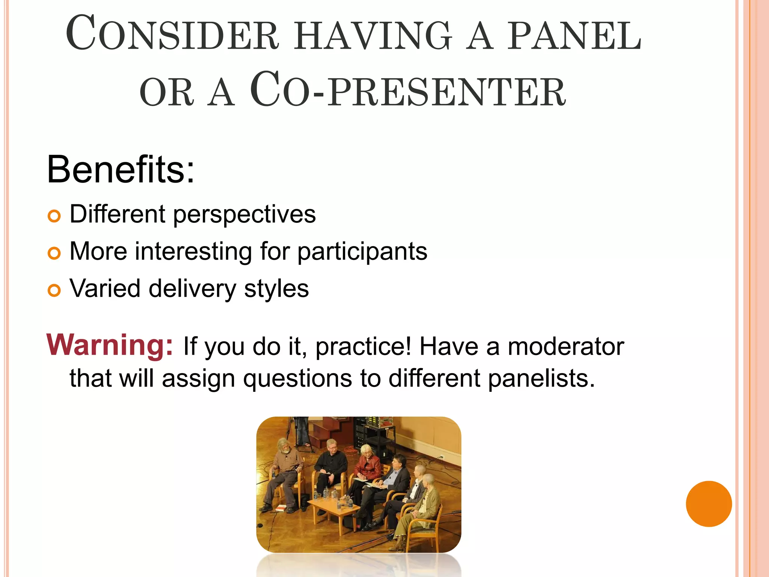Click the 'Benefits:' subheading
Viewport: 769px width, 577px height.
(x=121, y=170)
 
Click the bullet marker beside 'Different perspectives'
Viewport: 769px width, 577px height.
(x=54, y=216)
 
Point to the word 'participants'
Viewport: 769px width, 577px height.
(x=362, y=252)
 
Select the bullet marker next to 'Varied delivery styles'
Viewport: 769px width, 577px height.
(x=54, y=291)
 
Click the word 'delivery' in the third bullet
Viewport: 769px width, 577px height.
(x=192, y=289)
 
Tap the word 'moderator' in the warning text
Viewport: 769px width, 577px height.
(x=566, y=346)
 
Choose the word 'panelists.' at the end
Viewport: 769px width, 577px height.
(x=541, y=378)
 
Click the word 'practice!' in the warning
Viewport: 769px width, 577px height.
(x=363, y=346)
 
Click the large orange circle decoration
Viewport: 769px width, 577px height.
(x=709, y=504)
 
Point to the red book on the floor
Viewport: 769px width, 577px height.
(x=281, y=509)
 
